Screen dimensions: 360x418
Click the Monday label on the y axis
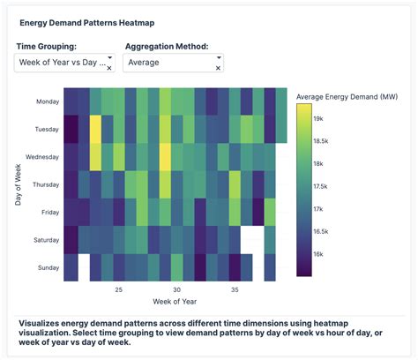point(47,101)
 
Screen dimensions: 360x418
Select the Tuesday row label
point(47,129)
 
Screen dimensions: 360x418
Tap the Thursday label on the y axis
point(45,184)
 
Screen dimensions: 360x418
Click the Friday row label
point(49,212)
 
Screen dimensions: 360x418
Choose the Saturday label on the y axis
point(46,239)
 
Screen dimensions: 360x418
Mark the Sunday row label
point(48,266)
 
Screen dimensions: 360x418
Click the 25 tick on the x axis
point(118,289)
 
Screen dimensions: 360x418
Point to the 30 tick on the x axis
point(176,289)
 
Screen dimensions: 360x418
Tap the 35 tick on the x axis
point(235,289)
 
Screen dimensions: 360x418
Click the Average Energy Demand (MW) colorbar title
point(345,95)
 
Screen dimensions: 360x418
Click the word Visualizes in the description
point(43,324)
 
